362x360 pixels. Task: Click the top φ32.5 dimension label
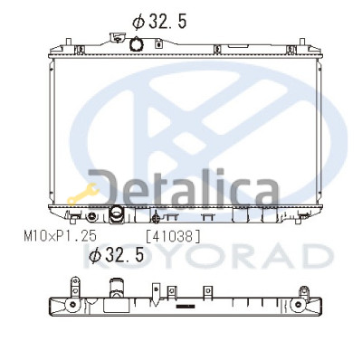point(159,22)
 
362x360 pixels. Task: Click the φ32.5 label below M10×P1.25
point(116,255)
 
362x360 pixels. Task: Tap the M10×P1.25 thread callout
point(61,236)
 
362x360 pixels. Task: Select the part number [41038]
point(173,236)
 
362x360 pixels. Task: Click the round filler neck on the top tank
point(137,44)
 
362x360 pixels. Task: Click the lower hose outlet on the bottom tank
point(116,214)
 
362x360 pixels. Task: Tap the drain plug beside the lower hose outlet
point(91,216)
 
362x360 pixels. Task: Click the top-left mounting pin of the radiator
point(69,42)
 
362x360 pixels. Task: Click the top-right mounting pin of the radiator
point(302,42)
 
